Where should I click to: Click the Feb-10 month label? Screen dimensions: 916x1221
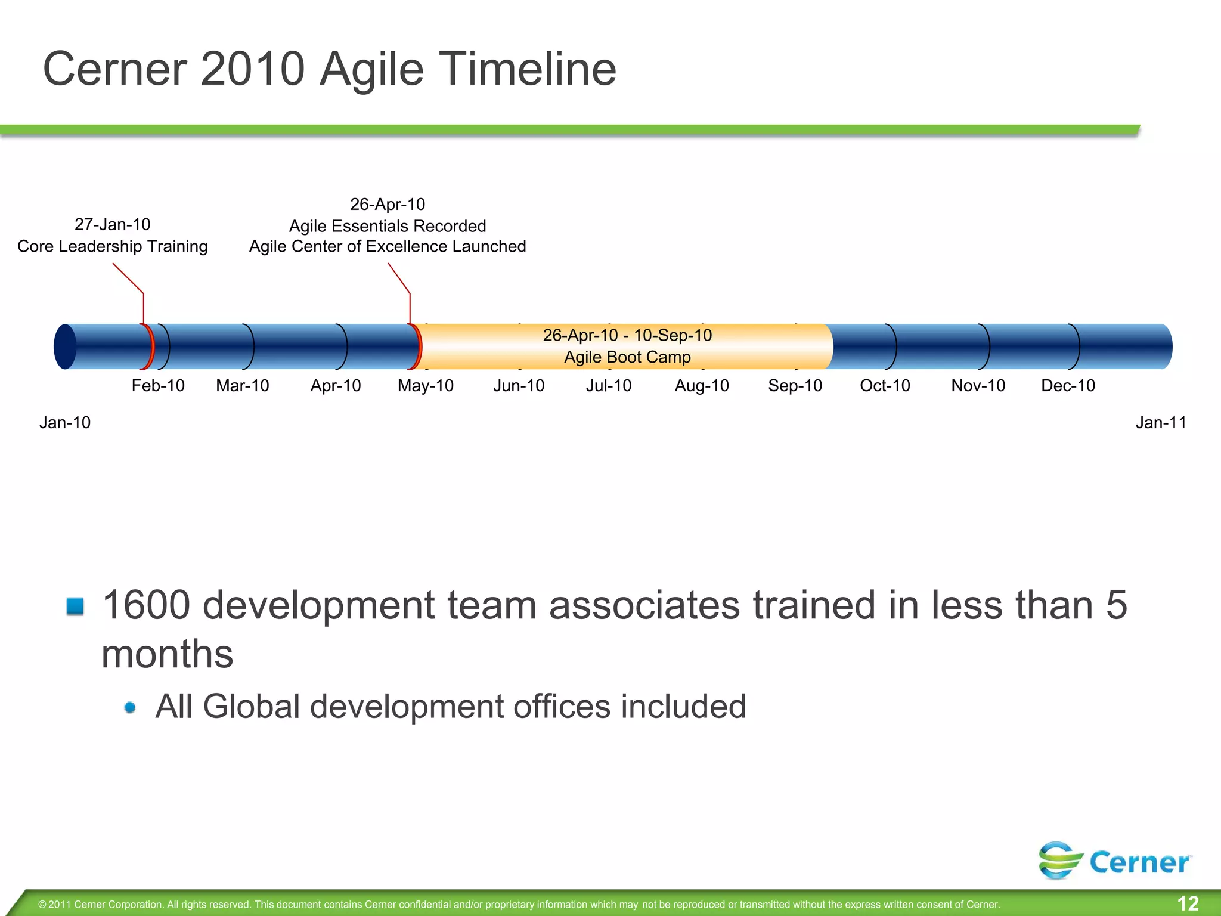click(x=158, y=386)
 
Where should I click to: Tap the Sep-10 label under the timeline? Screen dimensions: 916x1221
click(x=795, y=386)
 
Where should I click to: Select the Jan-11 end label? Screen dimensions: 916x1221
click(x=1160, y=423)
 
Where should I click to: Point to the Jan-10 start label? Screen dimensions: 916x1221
click(x=65, y=423)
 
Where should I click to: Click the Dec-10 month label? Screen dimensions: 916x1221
click(x=1068, y=386)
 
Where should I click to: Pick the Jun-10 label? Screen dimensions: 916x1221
click(x=519, y=386)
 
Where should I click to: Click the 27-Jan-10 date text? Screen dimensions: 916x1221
click(x=112, y=225)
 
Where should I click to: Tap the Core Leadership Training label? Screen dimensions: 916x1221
click(x=112, y=246)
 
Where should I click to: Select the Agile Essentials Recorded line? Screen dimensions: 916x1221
click(x=388, y=226)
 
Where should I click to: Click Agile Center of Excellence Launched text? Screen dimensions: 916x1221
click(x=388, y=246)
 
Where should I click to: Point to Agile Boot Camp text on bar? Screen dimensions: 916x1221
click(x=627, y=357)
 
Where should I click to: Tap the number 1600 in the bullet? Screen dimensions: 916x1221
click(x=147, y=605)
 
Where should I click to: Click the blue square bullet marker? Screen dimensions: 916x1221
click(x=75, y=606)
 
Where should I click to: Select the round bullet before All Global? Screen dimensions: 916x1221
click(x=130, y=708)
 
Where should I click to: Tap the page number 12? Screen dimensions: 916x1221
click(x=1188, y=903)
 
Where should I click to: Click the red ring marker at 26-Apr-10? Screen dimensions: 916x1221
click(x=416, y=346)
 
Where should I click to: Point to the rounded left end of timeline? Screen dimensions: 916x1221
click(x=65, y=346)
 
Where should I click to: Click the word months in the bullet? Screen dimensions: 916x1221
click(x=167, y=654)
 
